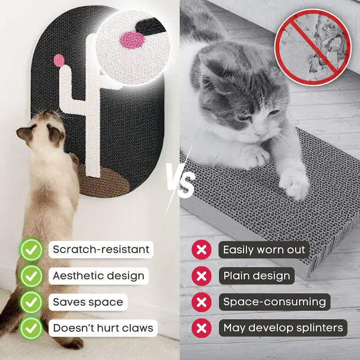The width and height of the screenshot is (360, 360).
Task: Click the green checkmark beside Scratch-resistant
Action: coord(31,250)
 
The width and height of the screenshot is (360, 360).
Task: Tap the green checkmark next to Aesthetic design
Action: coord(31,276)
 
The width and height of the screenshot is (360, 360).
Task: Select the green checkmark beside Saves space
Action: coord(31,302)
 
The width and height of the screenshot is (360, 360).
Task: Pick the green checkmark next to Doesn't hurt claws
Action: coord(31,328)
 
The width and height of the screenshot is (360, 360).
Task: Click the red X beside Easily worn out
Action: coord(201,250)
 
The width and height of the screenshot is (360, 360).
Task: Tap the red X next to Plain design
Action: coord(201,276)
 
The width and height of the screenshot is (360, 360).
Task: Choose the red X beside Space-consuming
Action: coord(201,302)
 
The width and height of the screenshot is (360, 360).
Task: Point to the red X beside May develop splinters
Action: coord(201,328)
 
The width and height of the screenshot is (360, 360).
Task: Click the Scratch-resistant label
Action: coord(101,250)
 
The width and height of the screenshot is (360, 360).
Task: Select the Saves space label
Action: coord(88,302)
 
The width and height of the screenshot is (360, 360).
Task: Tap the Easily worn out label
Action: coord(264,250)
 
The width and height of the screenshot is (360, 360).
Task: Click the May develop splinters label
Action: coord(283,328)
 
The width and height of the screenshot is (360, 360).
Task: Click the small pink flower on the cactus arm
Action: coord(59,60)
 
